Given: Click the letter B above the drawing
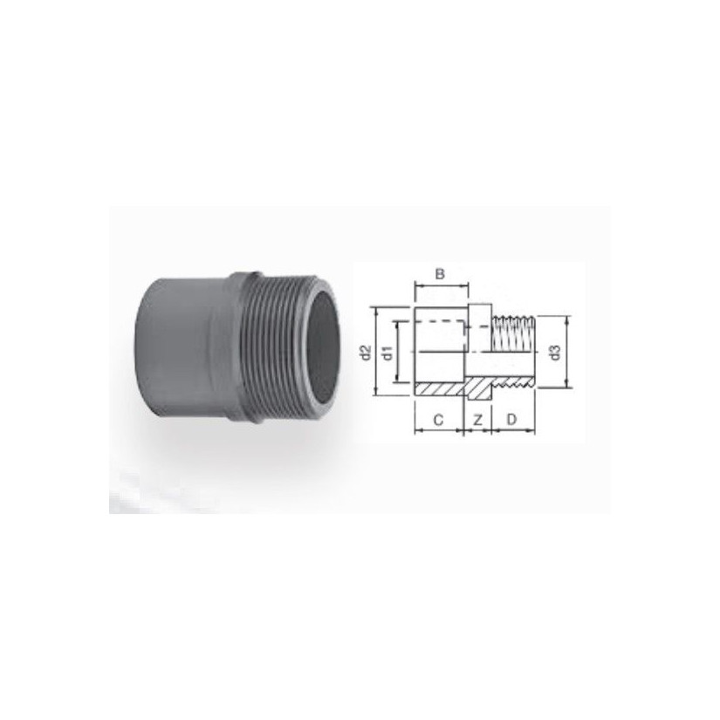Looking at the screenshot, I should pos(441,274).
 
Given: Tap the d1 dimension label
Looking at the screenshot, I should pos(389,353).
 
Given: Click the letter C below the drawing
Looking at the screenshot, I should pos(439,420).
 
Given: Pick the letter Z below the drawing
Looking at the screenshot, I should pos(477,420).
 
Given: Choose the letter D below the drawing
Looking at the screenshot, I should pos(512,420).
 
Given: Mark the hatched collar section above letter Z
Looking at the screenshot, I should pos(478,386).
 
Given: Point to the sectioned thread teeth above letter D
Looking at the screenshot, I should pos(512,381).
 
